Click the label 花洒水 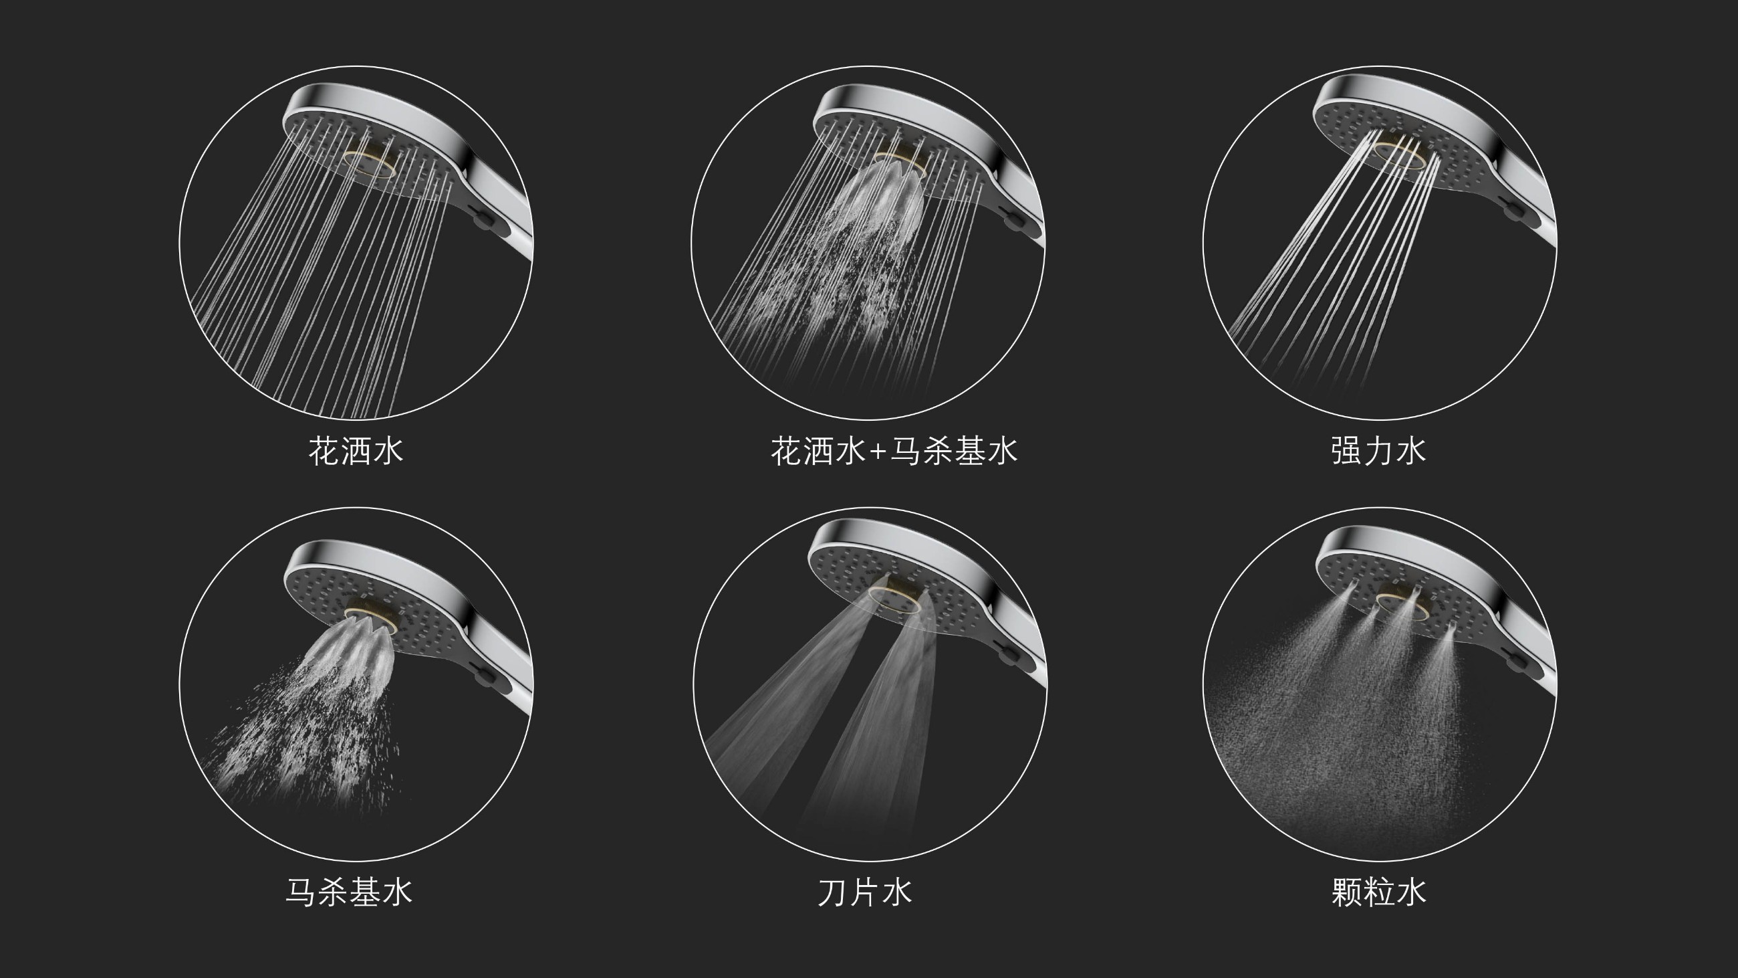tap(356, 451)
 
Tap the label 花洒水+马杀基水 tap(894, 451)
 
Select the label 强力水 tap(1378, 451)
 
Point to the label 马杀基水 tap(349, 892)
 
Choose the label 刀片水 tap(865, 892)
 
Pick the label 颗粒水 tap(1378, 892)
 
